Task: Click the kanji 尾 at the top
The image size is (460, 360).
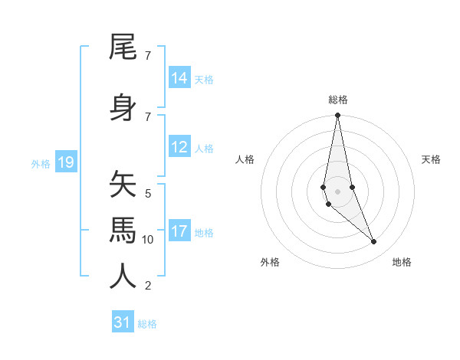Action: (x=123, y=48)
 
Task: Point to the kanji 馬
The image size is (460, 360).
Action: (x=123, y=230)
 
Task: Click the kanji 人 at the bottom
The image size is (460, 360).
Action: (x=123, y=276)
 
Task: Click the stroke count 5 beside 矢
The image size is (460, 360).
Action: (x=148, y=194)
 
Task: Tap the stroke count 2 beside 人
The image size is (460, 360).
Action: (x=148, y=286)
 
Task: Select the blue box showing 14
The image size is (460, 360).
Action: (x=179, y=78)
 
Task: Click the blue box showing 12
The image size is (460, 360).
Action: (x=179, y=147)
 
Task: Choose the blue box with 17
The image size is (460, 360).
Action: (x=179, y=231)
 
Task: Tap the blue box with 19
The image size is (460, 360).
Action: (x=66, y=162)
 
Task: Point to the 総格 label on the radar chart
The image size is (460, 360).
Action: (x=338, y=100)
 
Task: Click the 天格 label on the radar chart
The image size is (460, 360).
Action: (x=431, y=159)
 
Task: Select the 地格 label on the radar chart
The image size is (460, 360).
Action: (x=402, y=262)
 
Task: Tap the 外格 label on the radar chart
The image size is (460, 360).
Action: (x=270, y=262)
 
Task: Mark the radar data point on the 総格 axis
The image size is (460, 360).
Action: (x=337, y=116)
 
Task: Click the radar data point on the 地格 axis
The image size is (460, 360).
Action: (x=374, y=242)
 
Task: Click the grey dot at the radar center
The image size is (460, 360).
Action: (x=337, y=191)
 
